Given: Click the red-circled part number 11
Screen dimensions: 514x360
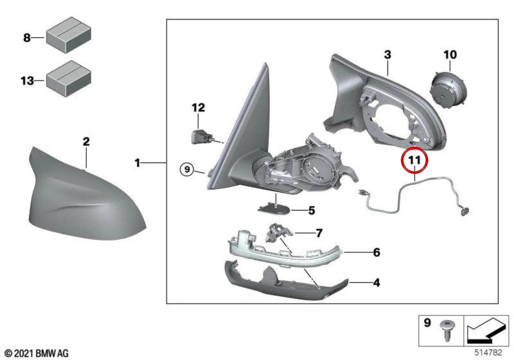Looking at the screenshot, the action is [x=414, y=160].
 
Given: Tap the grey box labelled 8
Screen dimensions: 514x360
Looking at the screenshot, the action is [x=69, y=35].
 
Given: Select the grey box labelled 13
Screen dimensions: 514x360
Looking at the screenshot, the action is [x=69, y=78].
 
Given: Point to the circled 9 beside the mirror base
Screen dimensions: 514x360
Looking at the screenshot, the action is [x=187, y=169].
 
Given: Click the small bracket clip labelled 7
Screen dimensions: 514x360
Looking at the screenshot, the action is [x=278, y=233].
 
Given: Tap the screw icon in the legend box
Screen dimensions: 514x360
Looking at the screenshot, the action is [x=448, y=331].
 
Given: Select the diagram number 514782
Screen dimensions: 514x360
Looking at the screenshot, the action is [x=488, y=352].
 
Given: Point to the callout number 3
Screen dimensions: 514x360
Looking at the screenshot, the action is [x=387, y=55].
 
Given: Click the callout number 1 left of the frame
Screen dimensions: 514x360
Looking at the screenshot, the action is [x=137, y=163].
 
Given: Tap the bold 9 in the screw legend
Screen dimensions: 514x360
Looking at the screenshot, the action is [x=427, y=323].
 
